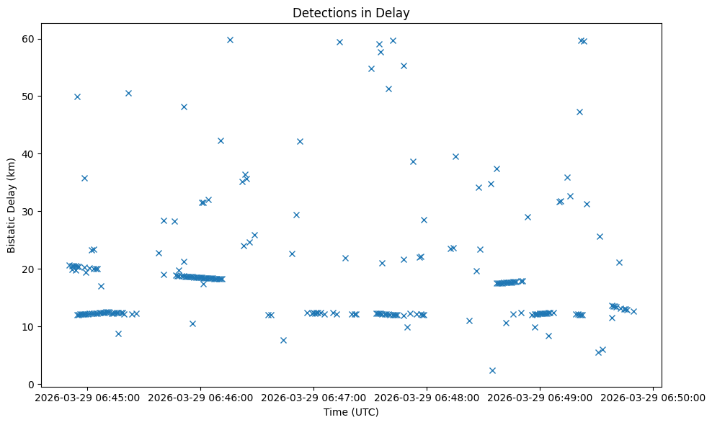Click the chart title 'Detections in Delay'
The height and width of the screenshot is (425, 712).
tap(351, 12)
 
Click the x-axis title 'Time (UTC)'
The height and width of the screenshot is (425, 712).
tap(351, 413)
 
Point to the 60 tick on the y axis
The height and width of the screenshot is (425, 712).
tap(37, 38)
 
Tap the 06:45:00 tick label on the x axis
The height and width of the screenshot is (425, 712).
tap(87, 398)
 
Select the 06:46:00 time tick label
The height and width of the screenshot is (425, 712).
tap(200, 398)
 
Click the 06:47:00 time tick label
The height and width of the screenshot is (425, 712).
tap(313, 398)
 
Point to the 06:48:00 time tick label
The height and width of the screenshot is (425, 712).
tap(427, 398)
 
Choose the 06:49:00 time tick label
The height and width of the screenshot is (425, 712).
tap(540, 398)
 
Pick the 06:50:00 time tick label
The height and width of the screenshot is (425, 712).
tap(653, 398)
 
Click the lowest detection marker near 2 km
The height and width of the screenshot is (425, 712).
tap(492, 370)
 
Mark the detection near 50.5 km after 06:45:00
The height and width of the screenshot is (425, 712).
tap(128, 93)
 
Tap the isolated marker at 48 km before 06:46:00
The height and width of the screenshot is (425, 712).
tap(184, 107)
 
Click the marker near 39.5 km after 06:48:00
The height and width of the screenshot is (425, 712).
tap(455, 156)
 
